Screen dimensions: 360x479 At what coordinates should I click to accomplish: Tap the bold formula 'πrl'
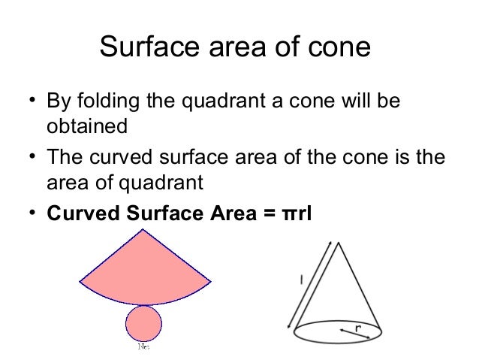pos(297,213)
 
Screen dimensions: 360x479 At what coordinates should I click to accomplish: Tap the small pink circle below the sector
pos(143,324)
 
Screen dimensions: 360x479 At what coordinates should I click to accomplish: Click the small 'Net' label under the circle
pos(143,347)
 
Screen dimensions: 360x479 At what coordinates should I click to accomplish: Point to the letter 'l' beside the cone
pos(301,280)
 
